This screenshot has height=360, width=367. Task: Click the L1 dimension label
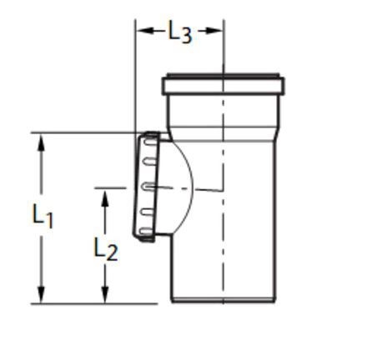[43, 216]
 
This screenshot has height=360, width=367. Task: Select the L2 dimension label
[106, 249]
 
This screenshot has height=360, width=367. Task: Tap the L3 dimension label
[180, 32]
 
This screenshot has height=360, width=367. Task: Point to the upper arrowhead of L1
[41, 142]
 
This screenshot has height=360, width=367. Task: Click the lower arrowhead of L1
[41, 294]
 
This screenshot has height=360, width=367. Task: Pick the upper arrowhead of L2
[105, 198]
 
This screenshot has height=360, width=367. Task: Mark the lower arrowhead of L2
[105, 294]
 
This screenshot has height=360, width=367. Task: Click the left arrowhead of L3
[145, 31]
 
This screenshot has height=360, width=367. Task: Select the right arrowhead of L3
[214, 31]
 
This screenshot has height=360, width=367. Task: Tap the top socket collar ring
[224, 85]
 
